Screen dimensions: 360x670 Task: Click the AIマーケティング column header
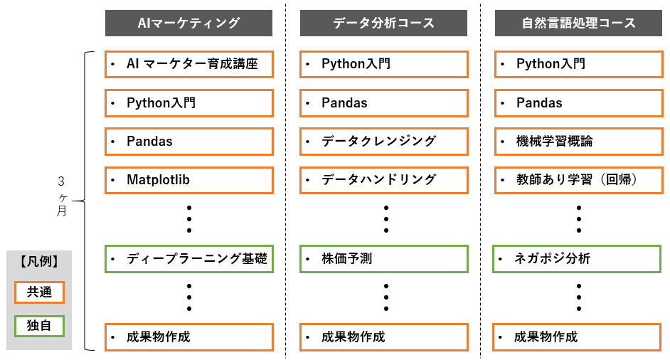[188, 23]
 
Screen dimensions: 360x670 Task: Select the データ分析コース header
[383, 23]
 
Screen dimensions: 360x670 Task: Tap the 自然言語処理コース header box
[578, 23]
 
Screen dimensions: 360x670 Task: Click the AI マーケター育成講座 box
[188, 64]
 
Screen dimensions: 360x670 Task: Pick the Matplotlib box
[188, 180]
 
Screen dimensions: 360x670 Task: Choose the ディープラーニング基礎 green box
[188, 258]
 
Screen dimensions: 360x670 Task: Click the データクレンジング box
[383, 141]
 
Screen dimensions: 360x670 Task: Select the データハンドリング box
[383, 180]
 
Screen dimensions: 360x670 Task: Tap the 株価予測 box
[383, 258]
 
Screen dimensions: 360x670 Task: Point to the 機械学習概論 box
[578, 141]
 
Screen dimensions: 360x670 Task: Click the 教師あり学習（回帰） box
[578, 180]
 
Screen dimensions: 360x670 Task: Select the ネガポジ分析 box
[578, 258]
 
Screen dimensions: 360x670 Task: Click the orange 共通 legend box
[39, 292]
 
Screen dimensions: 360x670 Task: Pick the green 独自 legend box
[39, 326]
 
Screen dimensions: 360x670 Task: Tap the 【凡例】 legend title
[39, 261]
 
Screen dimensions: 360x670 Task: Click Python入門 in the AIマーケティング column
[188, 103]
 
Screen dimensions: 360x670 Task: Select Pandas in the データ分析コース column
[383, 103]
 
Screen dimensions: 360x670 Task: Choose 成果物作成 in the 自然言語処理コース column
[578, 337]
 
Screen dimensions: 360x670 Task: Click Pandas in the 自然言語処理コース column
[578, 103]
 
